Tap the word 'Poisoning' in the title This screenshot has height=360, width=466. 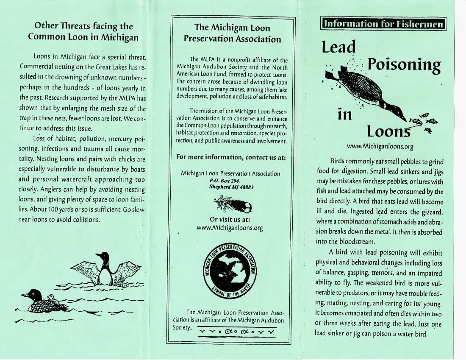(404, 65)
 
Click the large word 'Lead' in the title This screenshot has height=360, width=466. (339, 47)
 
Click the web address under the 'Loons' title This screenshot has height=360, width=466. (380, 146)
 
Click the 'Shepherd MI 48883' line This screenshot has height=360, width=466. (231, 187)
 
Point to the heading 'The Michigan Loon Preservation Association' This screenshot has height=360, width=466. (232, 33)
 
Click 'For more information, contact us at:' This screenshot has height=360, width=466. (231, 157)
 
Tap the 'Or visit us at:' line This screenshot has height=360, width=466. (230, 220)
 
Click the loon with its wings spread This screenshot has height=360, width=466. (105, 269)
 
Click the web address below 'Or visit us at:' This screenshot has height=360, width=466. (230, 228)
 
